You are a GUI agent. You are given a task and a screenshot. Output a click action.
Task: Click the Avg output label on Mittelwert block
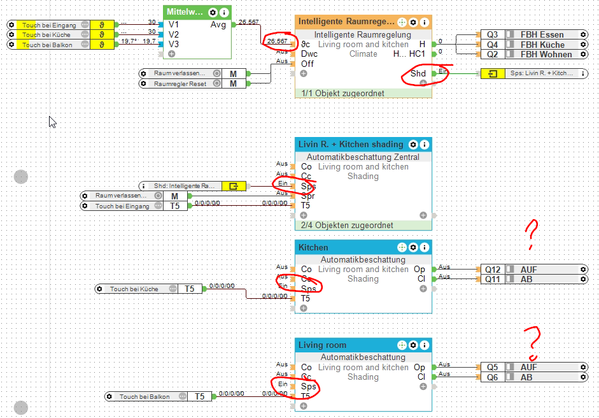tap(218, 25)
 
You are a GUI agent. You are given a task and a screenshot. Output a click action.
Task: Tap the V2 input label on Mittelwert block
tap(174, 34)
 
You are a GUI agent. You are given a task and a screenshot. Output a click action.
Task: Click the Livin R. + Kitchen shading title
tap(350, 144)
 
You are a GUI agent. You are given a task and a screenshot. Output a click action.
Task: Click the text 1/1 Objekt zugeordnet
tap(341, 93)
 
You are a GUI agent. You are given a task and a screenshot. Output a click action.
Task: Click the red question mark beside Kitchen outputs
tap(532, 234)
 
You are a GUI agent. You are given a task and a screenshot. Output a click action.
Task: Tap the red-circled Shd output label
tap(418, 74)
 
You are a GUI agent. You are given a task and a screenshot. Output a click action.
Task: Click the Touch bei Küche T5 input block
tap(150, 289)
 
